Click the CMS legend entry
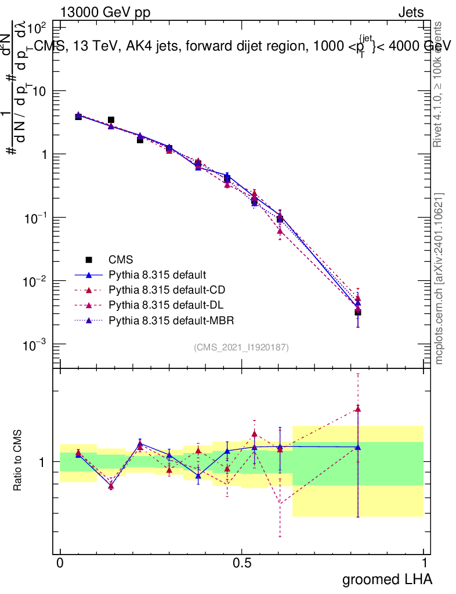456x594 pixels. tap(118, 259)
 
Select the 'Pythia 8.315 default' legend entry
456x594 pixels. tap(158, 274)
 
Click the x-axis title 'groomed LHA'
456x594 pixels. tap(386, 579)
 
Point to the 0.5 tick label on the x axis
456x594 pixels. tap(242, 563)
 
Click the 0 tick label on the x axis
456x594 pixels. tap(60, 563)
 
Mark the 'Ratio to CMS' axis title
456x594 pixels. tap(19, 461)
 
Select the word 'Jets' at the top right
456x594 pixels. tap(410, 12)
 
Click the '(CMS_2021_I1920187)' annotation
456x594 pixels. tap(241, 347)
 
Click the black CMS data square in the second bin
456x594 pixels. tap(111, 120)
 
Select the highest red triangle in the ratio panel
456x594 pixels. tap(358, 408)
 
